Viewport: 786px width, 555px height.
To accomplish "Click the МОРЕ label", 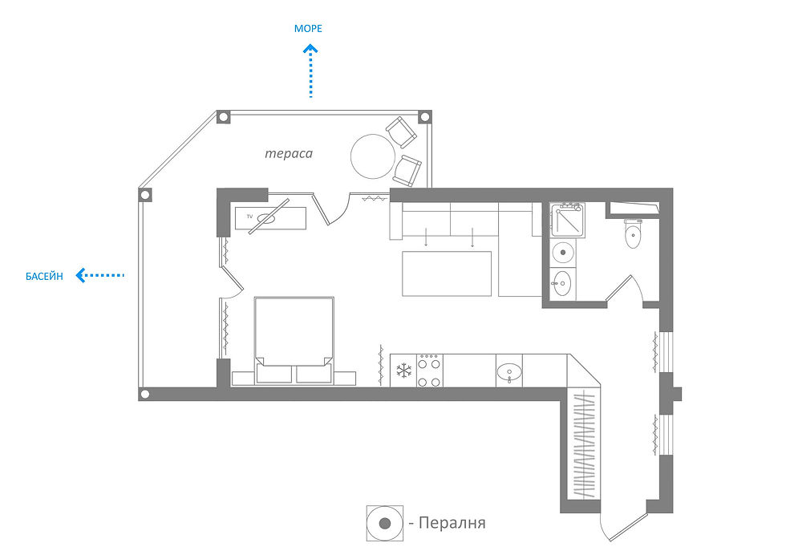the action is click(309, 29).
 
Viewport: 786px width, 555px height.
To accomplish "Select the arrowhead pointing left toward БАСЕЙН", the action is click(80, 276).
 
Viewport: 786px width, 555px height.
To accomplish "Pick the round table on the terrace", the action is click(374, 155).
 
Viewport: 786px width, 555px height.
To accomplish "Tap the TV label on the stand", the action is click(249, 217).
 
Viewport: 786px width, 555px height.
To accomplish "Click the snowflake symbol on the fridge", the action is click(403, 371).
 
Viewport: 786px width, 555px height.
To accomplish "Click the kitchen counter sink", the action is click(509, 371).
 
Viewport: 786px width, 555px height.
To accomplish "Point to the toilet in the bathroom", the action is click(634, 235).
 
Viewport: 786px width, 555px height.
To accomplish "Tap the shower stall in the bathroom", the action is click(568, 221).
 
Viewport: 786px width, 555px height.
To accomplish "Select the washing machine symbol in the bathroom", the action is click(565, 253).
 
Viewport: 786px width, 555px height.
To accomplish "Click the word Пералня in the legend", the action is click(453, 524).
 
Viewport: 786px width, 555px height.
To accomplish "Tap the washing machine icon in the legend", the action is click(384, 524).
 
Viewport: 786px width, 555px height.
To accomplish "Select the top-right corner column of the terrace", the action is click(424, 117).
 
